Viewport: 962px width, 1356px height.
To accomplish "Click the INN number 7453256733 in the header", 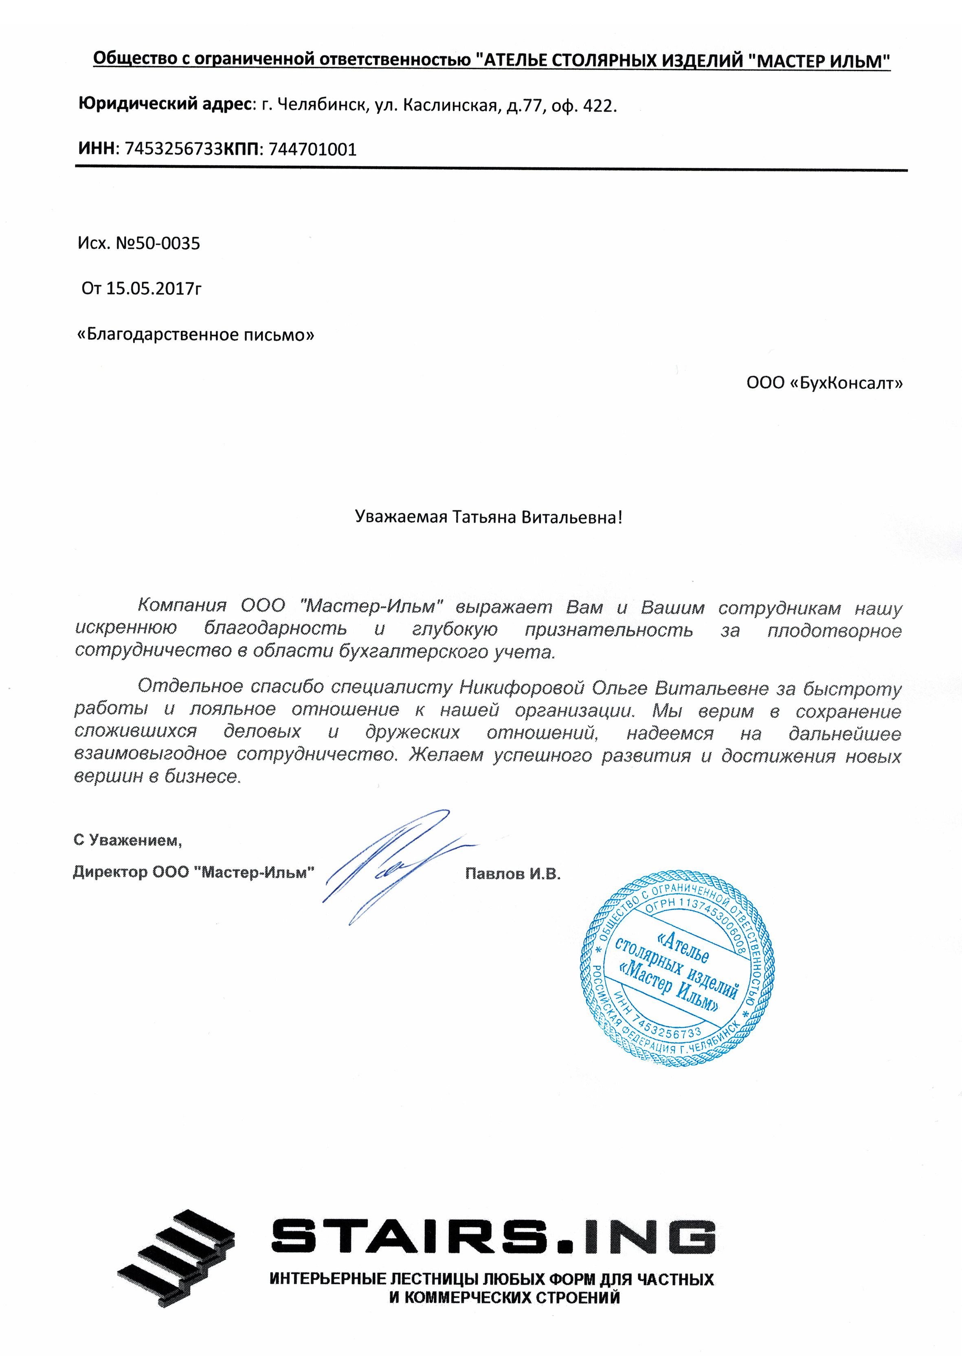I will tap(173, 149).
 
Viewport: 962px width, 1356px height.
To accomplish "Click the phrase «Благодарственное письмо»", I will tap(196, 335).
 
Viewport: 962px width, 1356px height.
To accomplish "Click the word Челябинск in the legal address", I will tap(322, 105).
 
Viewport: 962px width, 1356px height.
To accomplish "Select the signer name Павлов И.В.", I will tap(512, 874).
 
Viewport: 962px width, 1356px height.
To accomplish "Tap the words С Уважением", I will tap(127, 840).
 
